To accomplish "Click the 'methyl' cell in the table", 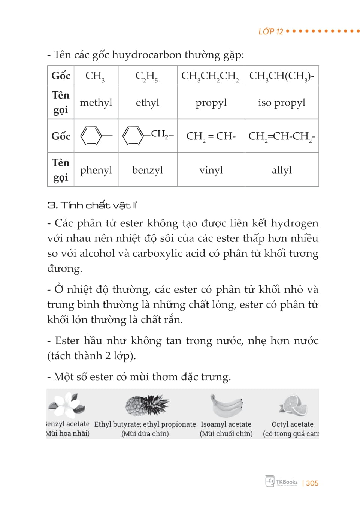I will pyautogui.click(x=96, y=102).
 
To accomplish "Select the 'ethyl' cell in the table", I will pyautogui.click(x=147, y=102).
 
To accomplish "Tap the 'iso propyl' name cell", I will pyautogui.click(x=281, y=102).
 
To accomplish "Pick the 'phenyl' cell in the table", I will pyautogui.click(x=96, y=170).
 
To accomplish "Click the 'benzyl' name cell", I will pyautogui.click(x=147, y=170).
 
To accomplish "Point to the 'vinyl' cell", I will pyautogui.click(x=211, y=170).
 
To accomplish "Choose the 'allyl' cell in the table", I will pyautogui.click(x=281, y=170).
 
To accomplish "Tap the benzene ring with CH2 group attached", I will pyautogui.click(x=148, y=135).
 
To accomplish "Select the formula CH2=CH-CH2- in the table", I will pyautogui.click(x=281, y=136).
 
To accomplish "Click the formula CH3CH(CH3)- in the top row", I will pyautogui.click(x=281, y=76).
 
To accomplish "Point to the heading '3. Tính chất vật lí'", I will pyautogui.click(x=92, y=205).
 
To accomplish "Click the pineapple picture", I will pyautogui.click(x=146, y=405).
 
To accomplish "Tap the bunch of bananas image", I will pyautogui.click(x=226, y=405).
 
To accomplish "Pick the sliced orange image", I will pyautogui.click(x=293, y=406).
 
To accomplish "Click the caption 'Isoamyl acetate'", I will pyautogui.click(x=226, y=424).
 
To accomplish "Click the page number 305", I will pyautogui.click(x=312, y=483).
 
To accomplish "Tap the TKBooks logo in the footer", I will pyautogui.click(x=281, y=482).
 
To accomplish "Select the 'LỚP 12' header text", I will pyautogui.click(x=270, y=31).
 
